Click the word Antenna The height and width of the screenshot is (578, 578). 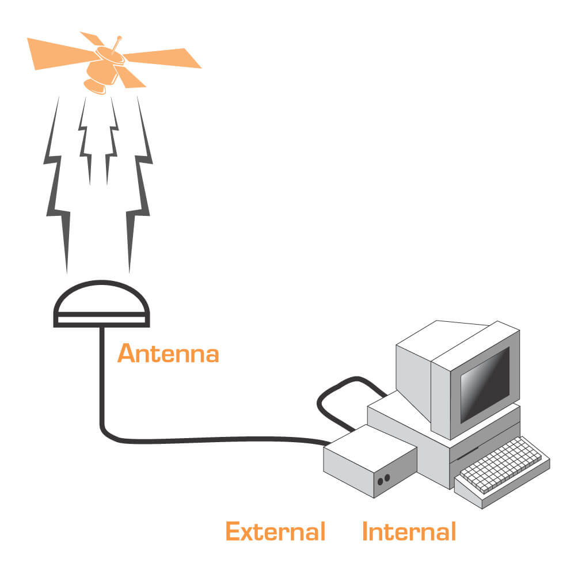[x=168, y=353]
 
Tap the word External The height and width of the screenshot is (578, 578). [x=275, y=531]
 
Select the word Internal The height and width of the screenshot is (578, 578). [x=409, y=531]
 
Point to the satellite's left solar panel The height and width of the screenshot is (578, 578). [x=58, y=51]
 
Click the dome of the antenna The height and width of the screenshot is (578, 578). [x=102, y=298]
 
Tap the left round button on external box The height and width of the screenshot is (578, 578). [x=380, y=479]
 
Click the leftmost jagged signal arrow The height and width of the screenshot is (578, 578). [x=58, y=184]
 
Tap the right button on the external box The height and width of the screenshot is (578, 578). [x=387, y=477]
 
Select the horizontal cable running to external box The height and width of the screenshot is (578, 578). [x=219, y=440]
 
